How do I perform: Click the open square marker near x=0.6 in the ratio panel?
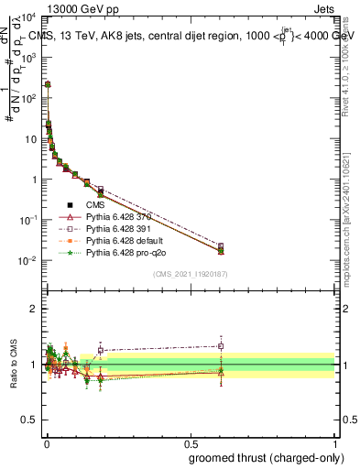(221, 345)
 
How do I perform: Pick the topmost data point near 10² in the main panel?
(47, 84)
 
